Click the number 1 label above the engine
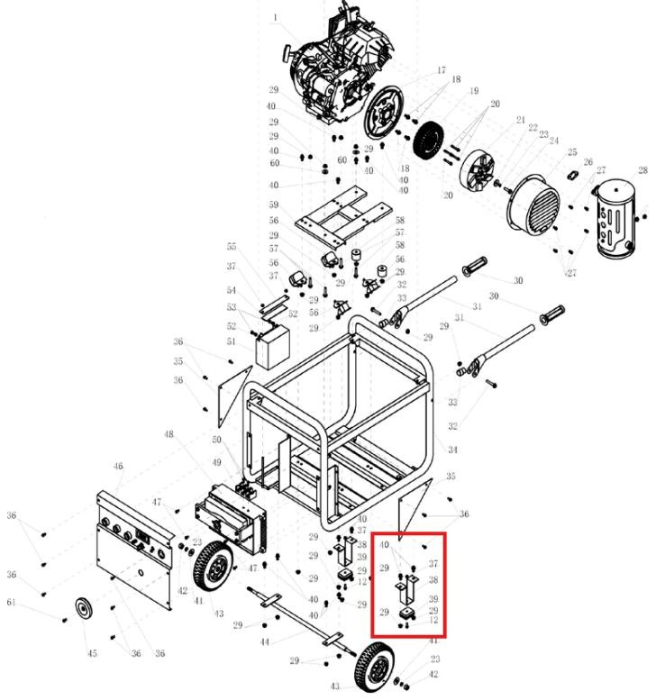[x=277, y=17]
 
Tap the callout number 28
[x=642, y=170]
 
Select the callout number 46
[x=118, y=466]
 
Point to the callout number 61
[x=12, y=602]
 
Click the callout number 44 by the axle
[x=265, y=642]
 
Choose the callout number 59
[x=274, y=205]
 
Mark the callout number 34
[x=452, y=449]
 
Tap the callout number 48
[x=169, y=435]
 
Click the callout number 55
[x=232, y=246]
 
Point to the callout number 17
[x=442, y=70]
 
